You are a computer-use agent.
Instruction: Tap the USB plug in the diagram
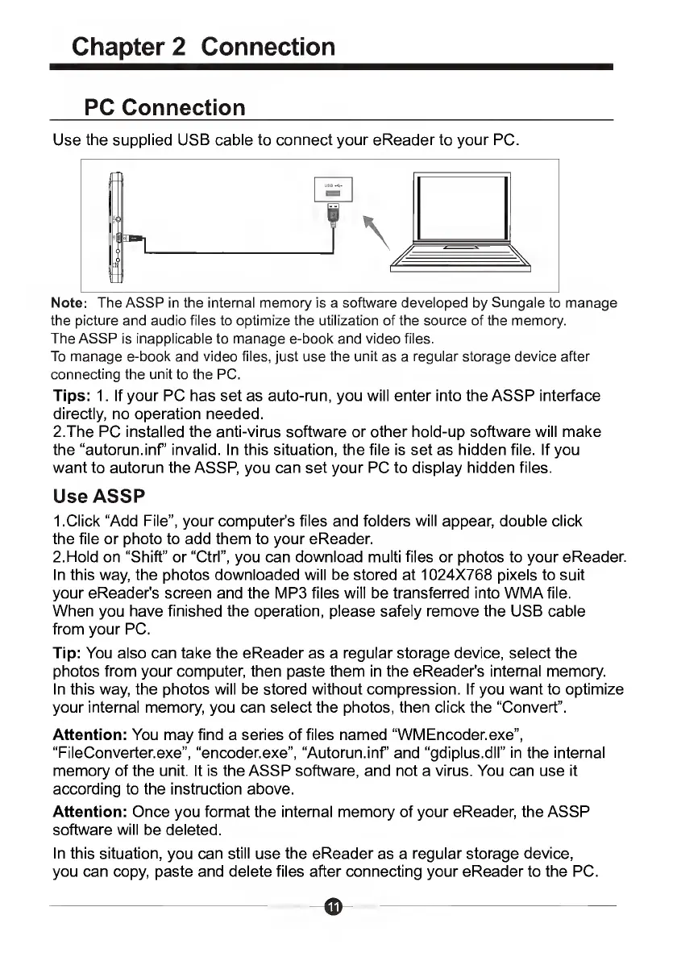(331, 216)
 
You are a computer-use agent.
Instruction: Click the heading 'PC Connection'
(165, 107)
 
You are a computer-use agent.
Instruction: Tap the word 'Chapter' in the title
(130, 47)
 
